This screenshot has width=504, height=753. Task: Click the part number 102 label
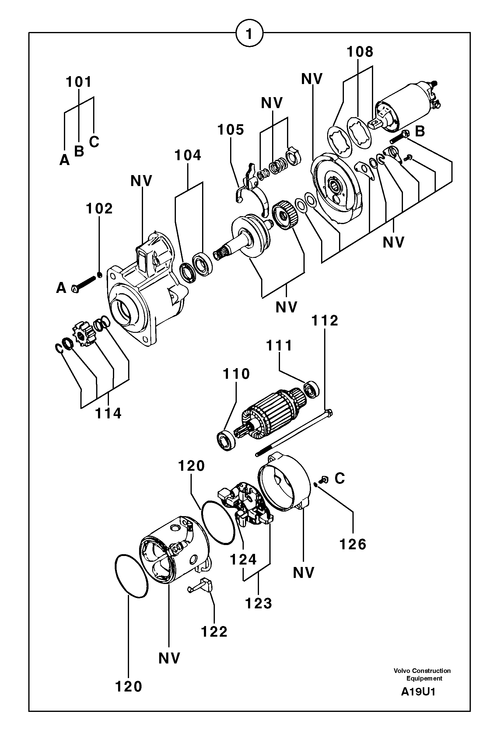point(99,209)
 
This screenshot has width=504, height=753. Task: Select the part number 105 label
point(231,130)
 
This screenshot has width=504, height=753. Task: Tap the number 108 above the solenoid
point(360,52)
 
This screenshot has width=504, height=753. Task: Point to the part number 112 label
point(325,321)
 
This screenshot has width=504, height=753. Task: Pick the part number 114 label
point(108,413)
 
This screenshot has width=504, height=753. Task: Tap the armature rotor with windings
point(270,415)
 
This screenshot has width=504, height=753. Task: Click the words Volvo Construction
point(422,671)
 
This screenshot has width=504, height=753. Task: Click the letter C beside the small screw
point(339,478)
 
